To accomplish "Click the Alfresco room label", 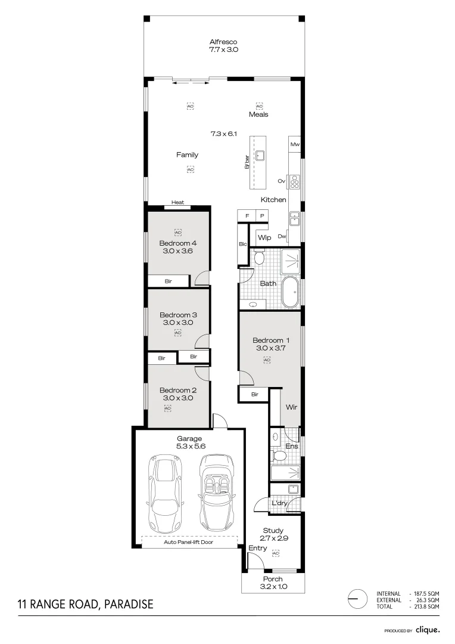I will [x=223, y=42].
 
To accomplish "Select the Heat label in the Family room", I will [x=177, y=203].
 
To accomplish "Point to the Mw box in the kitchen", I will [x=294, y=145].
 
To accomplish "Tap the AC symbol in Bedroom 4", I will [x=177, y=231].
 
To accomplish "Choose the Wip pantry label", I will [x=264, y=238].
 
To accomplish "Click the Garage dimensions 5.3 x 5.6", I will [x=188, y=447].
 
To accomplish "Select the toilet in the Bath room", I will [x=259, y=258].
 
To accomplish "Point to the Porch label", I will [x=274, y=579].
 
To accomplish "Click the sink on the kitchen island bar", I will [x=260, y=156].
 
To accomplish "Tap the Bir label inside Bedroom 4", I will [x=169, y=280].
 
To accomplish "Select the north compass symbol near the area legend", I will [x=357, y=598].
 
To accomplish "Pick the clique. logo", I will [x=428, y=630].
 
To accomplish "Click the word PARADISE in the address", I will [x=129, y=605].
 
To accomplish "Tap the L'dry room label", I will [x=279, y=504].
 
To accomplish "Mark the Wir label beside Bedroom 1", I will [x=291, y=408].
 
